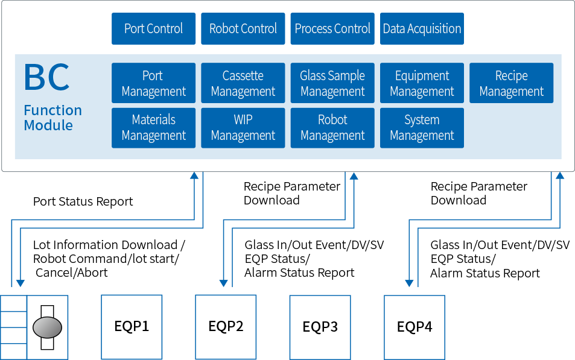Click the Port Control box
tap(153, 29)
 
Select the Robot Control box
tap(243, 29)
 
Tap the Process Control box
tap(332, 29)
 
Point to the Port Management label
tap(153, 84)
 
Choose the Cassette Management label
tap(243, 84)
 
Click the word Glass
tap(314, 76)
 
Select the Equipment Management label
tap(422, 84)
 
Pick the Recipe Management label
tap(511, 84)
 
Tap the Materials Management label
tap(153, 128)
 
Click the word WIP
tap(243, 120)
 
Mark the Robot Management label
tap(332, 128)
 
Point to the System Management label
tap(422, 128)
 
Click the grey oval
tap(47, 327)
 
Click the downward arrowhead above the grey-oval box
tap(21, 283)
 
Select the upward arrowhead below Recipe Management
tap(560, 176)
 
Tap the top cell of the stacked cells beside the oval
tap(14, 303)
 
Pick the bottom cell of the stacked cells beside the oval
tap(14, 351)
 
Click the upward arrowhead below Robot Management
tap(354, 176)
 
